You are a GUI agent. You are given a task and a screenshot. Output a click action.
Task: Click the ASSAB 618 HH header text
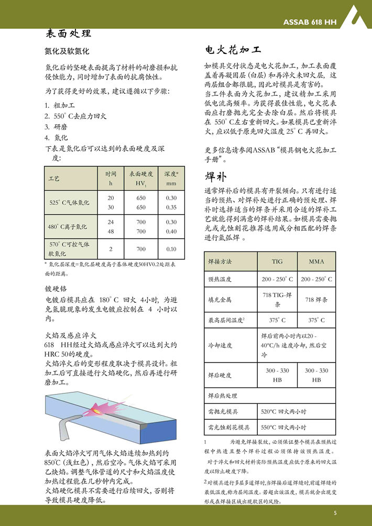(x=310, y=23)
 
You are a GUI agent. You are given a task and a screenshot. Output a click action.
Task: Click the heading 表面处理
(x=69, y=34)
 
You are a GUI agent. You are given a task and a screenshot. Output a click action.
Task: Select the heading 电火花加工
(x=233, y=51)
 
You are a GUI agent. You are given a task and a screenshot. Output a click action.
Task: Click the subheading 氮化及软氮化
(x=68, y=52)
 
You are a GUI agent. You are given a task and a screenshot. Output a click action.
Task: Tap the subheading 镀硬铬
(x=56, y=289)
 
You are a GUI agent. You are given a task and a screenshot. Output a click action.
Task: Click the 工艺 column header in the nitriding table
(x=54, y=179)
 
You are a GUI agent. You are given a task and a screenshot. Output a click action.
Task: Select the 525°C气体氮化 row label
(x=69, y=202)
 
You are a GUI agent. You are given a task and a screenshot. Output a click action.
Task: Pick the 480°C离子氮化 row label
(x=68, y=226)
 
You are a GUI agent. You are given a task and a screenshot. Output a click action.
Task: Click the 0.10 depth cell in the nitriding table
(x=171, y=249)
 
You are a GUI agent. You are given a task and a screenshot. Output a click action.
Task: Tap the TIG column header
(x=277, y=261)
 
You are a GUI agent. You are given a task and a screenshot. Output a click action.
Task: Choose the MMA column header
(x=316, y=261)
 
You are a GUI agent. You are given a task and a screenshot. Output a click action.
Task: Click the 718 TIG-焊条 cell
(x=277, y=300)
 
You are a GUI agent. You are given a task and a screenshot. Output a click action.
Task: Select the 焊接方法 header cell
(x=220, y=261)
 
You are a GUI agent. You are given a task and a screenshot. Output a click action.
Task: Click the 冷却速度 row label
(x=220, y=345)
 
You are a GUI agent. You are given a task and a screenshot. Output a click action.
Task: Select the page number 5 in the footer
(x=335, y=512)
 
